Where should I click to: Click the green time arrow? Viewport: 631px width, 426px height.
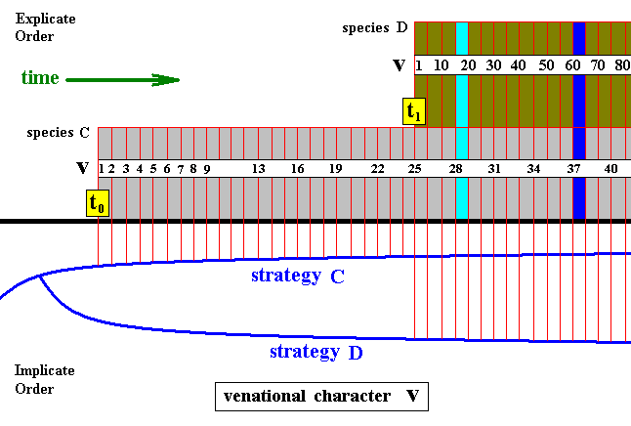pos(122,79)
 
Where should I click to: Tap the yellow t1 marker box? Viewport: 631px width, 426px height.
pos(413,111)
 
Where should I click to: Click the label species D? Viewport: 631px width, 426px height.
pos(375,27)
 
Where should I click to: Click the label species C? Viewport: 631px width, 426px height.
pos(59,132)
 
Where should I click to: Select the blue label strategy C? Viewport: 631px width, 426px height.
pos(297,277)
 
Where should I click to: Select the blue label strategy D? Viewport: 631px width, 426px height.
pos(315,352)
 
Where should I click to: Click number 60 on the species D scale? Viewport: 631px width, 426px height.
pos(570,65)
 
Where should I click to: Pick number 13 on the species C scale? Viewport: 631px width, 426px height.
pos(259,169)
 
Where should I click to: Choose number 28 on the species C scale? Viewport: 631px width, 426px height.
pos(455,169)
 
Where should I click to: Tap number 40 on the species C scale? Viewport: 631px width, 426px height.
pos(611,169)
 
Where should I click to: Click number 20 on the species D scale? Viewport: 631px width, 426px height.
pos(468,65)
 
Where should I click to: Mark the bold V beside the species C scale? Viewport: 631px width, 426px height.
pos(82,169)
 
